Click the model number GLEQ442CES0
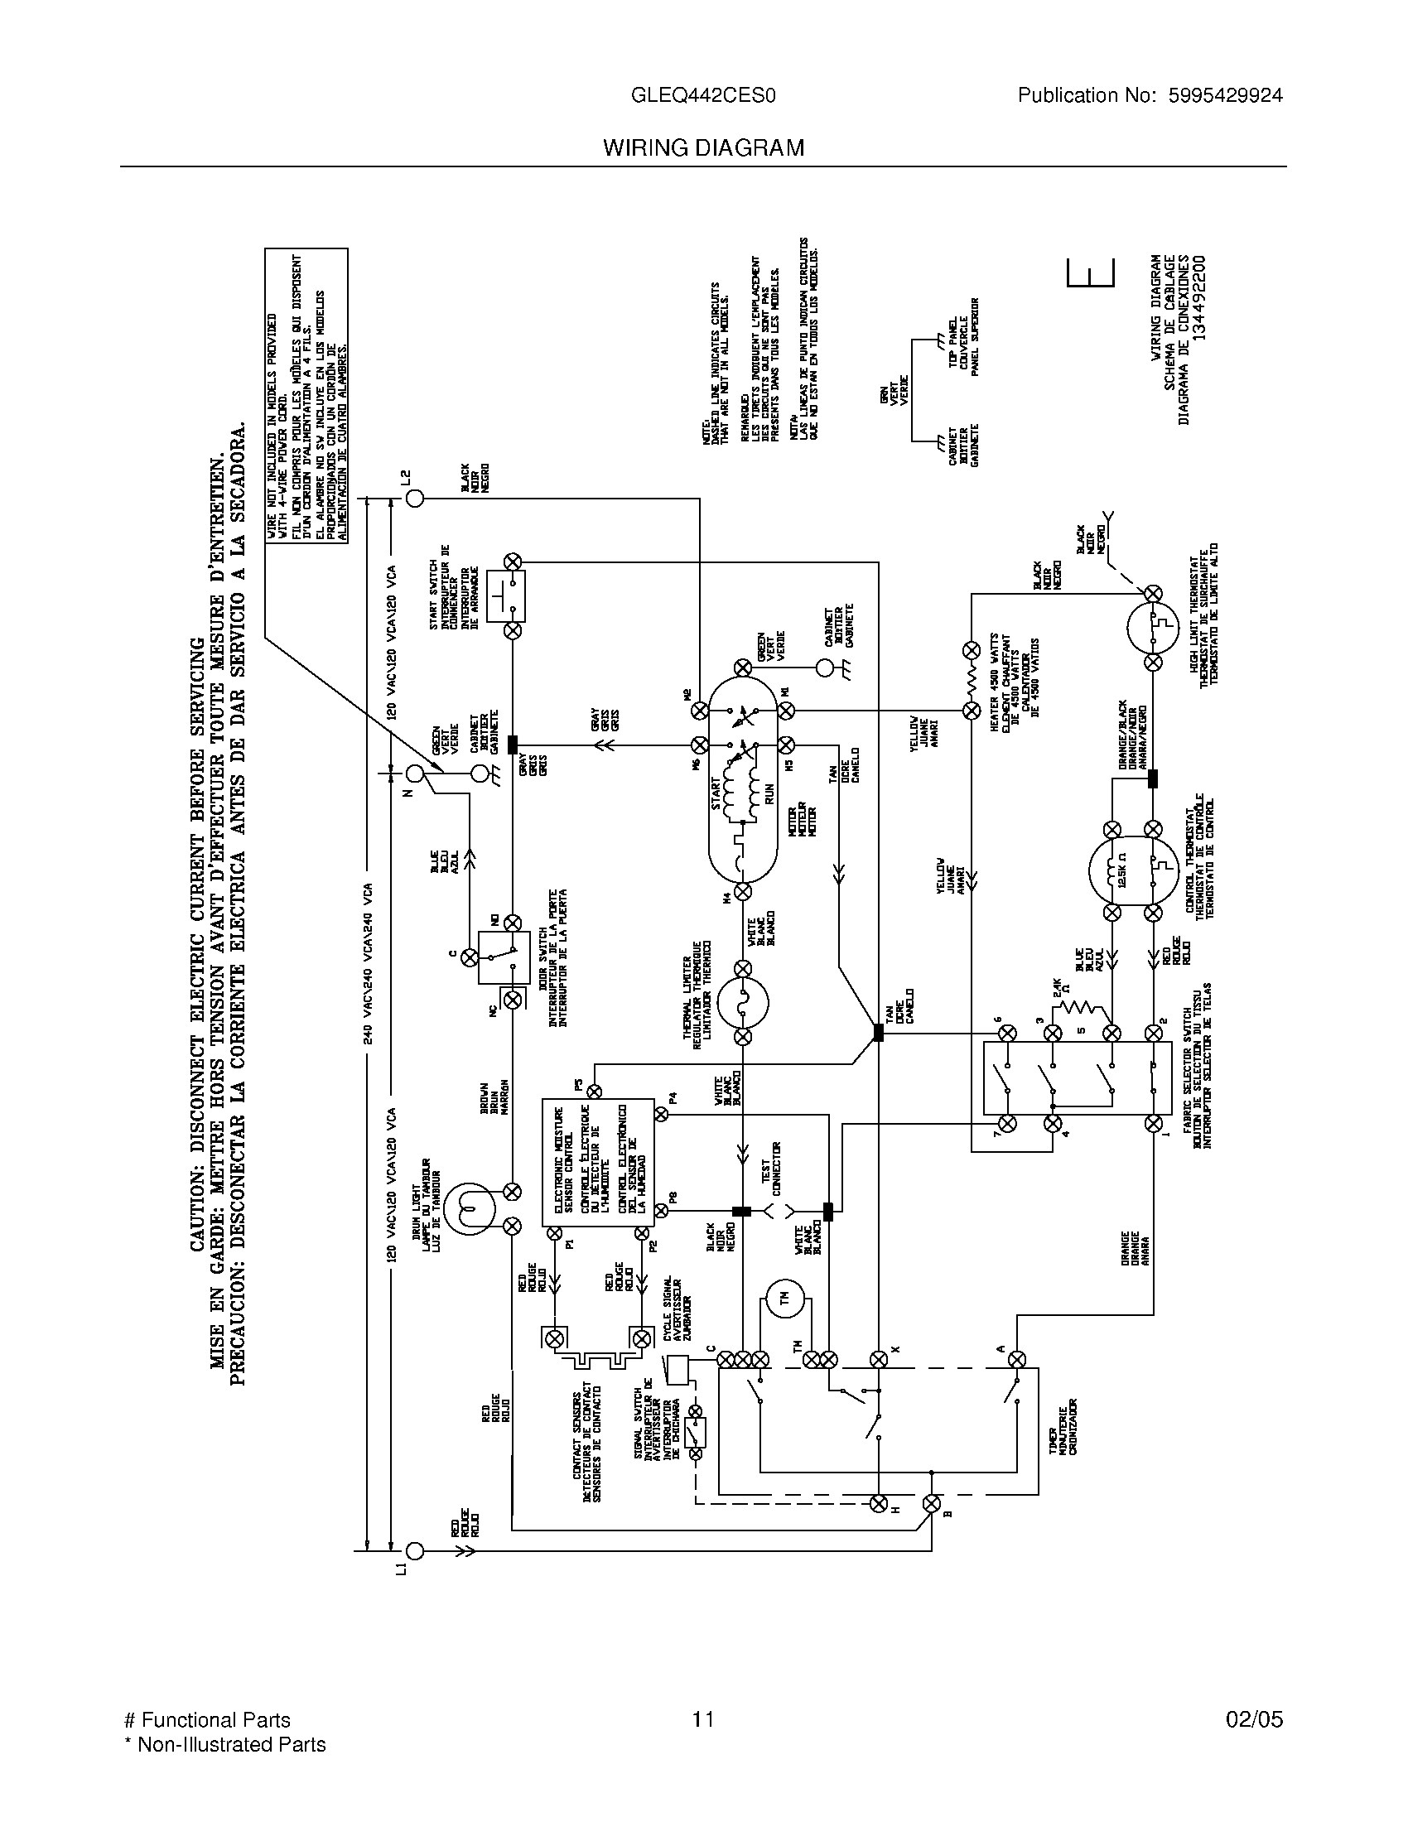[703, 96]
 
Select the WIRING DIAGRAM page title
[703, 147]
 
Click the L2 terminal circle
[415, 499]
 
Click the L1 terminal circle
[415, 1552]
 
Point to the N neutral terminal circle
[415, 773]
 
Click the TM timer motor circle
[784, 1299]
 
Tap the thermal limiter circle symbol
[741, 1002]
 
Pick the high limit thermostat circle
[1152, 629]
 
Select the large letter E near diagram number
[1090, 272]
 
